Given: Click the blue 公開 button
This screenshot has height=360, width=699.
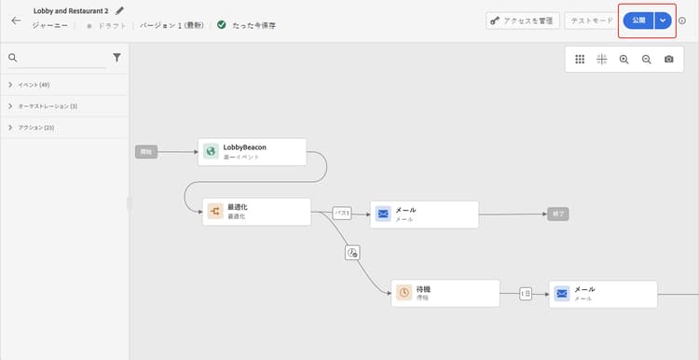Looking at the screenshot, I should click(637, 21).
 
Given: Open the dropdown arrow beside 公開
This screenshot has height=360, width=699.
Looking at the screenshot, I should click(663, 21).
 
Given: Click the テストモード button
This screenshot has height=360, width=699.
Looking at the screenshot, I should click(592, 21).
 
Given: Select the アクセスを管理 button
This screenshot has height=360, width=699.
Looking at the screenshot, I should click(522, 21).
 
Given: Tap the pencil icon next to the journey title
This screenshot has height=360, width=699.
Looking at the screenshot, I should click(119, 10).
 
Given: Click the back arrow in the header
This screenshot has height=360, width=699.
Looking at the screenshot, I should click(16, 20).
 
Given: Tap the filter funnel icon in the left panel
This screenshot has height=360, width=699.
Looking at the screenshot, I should click(116, 58).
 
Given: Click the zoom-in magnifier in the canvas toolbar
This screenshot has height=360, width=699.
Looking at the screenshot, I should click(624, 59).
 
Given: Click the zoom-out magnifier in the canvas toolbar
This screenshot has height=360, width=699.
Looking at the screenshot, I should click(646, 59).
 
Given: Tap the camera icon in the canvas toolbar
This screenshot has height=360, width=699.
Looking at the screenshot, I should click(669, 59).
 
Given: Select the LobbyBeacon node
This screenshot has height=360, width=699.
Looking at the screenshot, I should click(253, 152).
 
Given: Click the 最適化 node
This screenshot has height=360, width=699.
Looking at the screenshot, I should click(257, 211).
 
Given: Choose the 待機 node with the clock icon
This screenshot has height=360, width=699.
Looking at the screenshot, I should click(445, 293).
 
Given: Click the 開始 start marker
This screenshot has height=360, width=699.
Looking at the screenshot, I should click(145, 151).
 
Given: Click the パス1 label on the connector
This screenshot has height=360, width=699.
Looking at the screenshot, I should click(342, 214).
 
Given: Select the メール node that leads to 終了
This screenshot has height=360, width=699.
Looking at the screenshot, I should click(424, 215).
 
